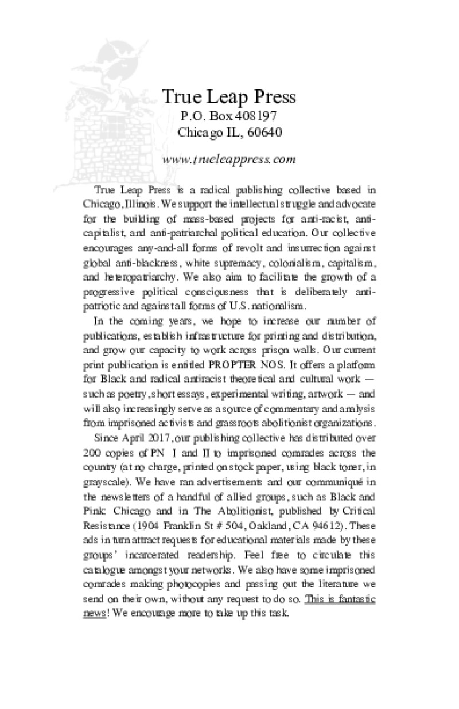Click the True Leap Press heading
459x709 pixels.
click(x=229, y=96)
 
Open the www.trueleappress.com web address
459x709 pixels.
click(x=229, y=159)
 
